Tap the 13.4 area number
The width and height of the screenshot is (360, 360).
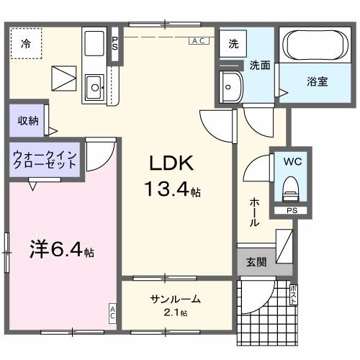pyautogui.click(x=170, y=190)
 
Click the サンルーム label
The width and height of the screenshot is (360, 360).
pyautogui.click(x=175, y=300)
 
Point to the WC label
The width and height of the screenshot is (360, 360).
pyautogui.click(x=292, y=161)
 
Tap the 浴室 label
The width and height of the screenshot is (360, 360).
pyautogui.click(x=318, y=81)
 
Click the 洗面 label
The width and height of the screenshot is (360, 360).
pyautogui.click(x=259, y=65)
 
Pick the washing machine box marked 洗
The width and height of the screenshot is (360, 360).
pyautogui.click(x=233, y=44)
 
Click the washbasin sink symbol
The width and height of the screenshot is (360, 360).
pyautogui.click(x=232, y=86)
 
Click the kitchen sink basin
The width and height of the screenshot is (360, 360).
pyautogui.click(x=94, y=88)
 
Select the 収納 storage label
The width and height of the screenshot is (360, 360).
pyautogui.click(x=28, y=121)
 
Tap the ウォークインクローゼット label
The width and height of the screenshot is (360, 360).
pyautogui.click(x=45, y=158)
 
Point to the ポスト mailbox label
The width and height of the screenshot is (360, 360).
pyautogui.click(x=293, y=295)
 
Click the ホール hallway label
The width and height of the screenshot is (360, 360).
pyautogui.click(x=254, y=212)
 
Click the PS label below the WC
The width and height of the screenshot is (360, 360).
pyautogui.click(x=291, y=211)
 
